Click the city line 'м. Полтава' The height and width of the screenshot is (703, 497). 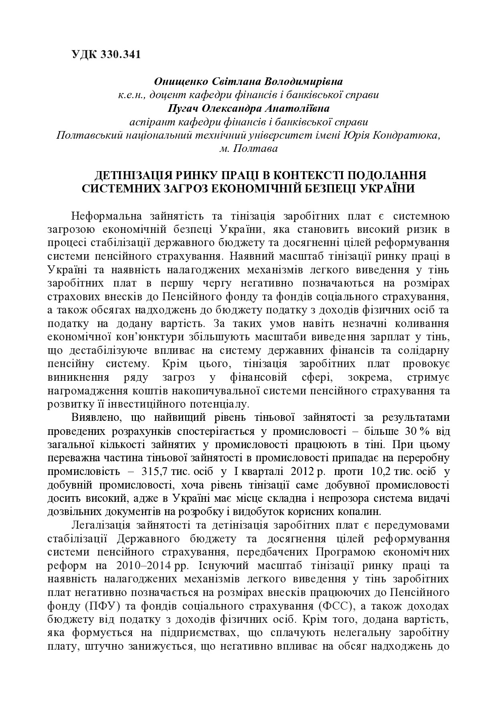[248, 149]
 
